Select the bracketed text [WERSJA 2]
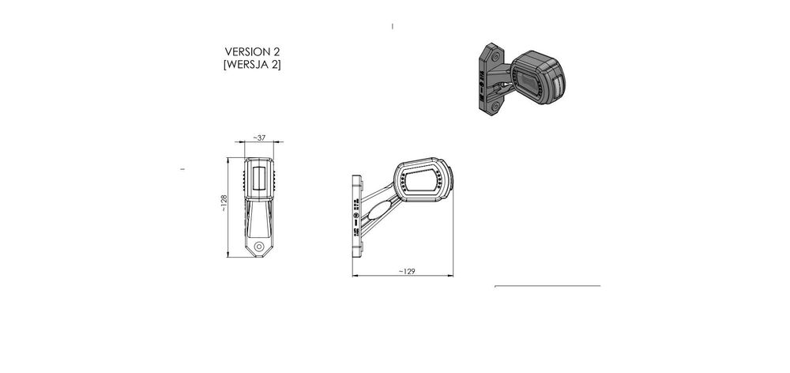tap(253, 64)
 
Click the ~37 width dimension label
tap(259, 137)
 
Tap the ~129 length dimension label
tap(405, 271)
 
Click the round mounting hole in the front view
tap(259, 246)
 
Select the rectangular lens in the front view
tap(258, 179)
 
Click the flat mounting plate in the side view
tap(355, 214)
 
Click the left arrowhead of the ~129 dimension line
tap(353, 276)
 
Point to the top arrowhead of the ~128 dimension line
tap(230, 159)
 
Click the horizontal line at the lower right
tap(547, 286)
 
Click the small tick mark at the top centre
tap(393, 26)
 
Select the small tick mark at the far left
tap(182, 168)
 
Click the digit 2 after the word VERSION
tap(276, 51)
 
